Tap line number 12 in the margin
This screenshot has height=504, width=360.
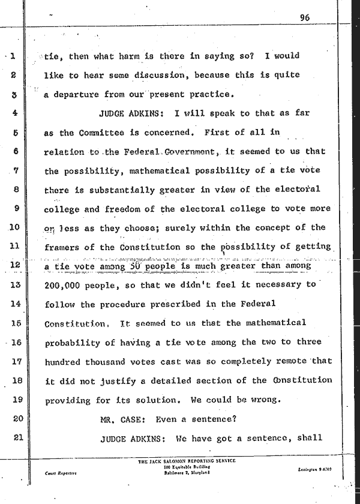pos(16,265)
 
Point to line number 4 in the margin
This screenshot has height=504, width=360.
pos(16,113)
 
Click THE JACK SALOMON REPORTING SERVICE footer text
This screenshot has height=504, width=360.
pos(187,461)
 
